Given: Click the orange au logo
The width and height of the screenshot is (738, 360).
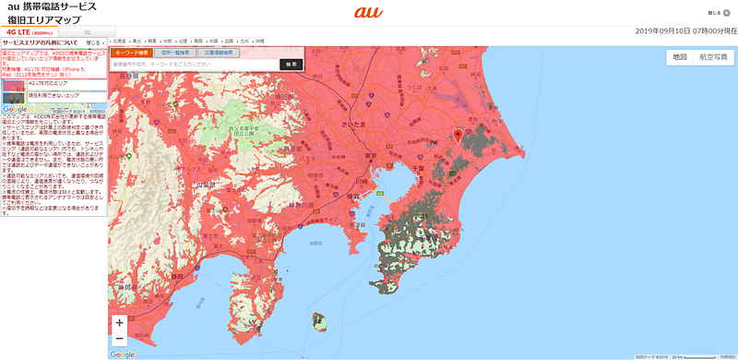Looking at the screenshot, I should pos(367,13).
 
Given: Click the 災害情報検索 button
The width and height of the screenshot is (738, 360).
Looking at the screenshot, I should pos(218,53).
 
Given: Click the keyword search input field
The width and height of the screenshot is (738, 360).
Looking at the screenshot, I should pos(194,65).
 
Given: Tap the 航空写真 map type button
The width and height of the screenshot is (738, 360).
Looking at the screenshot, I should pos(713,57).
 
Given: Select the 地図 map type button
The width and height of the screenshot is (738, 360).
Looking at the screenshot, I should pos(680,57).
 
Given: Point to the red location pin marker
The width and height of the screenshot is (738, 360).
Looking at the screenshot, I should pos(457,138).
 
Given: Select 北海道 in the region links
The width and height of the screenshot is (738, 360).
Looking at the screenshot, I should pos(119,42).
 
